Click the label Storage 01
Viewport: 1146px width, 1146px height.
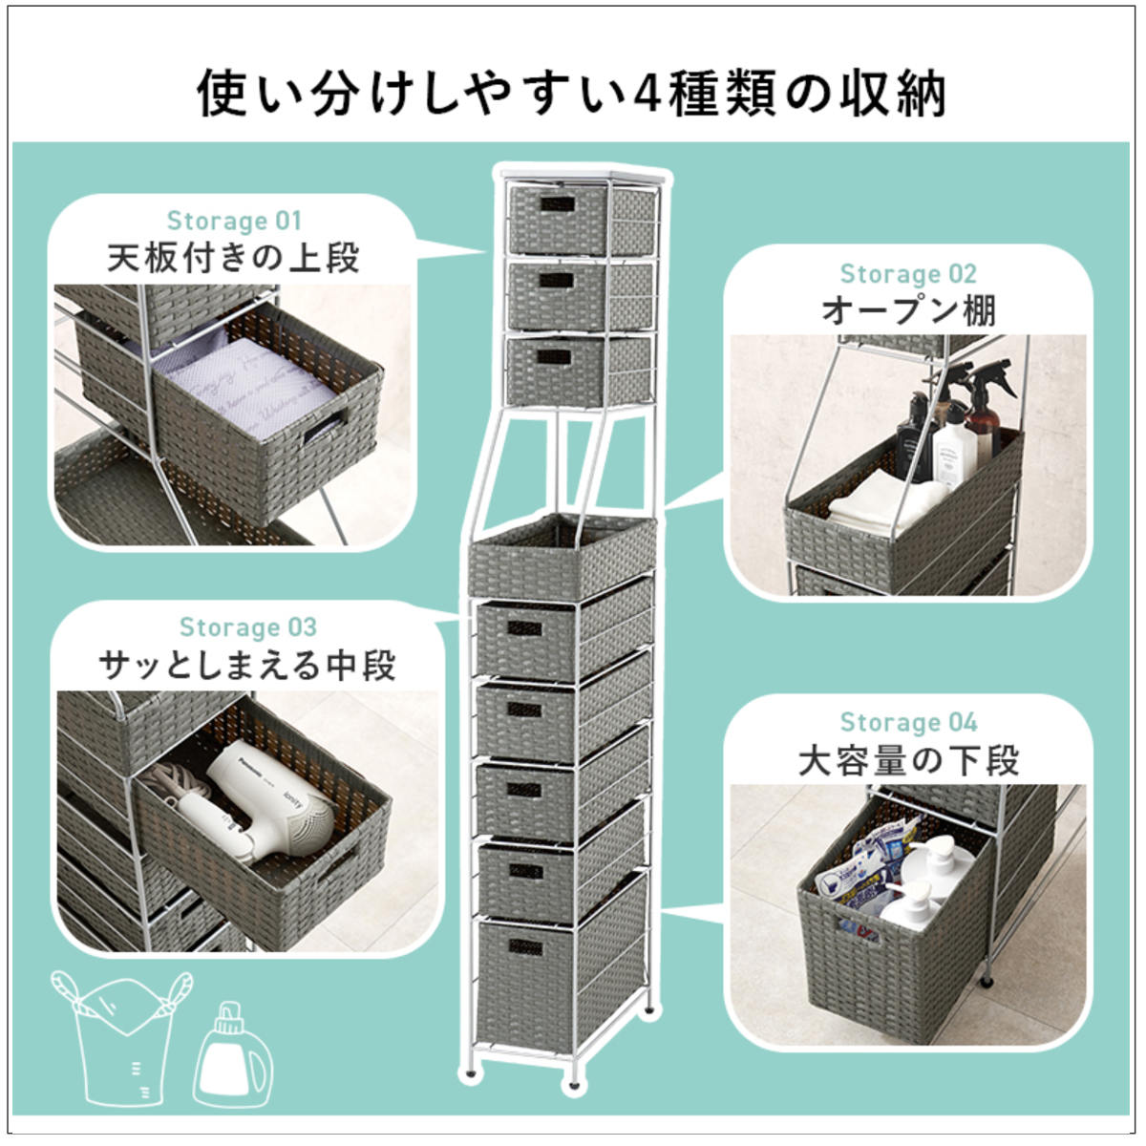click(x=234, y=221)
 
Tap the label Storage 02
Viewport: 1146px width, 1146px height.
click(x=908, y=273)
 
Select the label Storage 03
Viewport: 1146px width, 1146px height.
click(x=248, y=626)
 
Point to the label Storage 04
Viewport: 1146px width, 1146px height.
click(x=908, y=722)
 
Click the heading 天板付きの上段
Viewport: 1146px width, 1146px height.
click(x=234, y=258)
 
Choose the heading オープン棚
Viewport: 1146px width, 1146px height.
click(x=908, y=310)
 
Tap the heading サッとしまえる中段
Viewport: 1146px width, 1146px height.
click(x=247, y=665)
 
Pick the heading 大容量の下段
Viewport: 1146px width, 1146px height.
click(x=908, y=760)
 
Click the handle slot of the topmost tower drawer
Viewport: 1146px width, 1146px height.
click(x=557, y=204)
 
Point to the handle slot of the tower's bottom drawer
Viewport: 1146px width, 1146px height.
click(x=525, y=948)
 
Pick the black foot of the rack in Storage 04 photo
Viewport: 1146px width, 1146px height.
click(x=987, y=982)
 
